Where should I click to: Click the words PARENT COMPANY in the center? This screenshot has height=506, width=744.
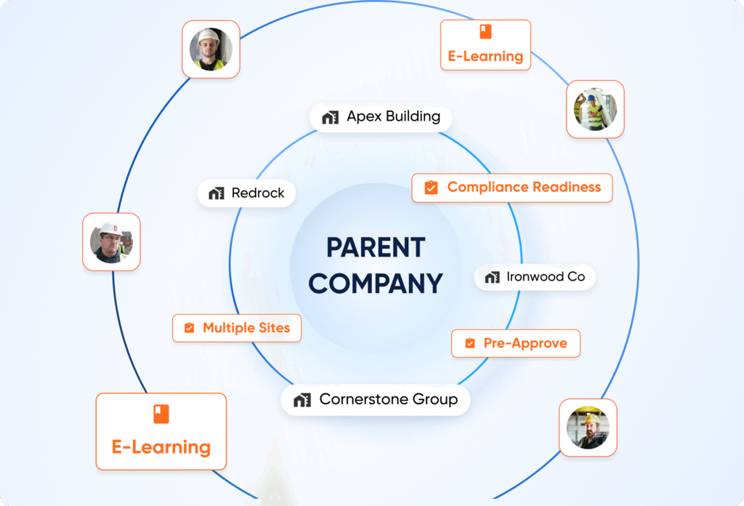(375, 265)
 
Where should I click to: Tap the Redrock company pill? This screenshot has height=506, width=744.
(246, 193)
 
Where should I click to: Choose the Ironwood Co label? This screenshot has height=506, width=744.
(535, 277)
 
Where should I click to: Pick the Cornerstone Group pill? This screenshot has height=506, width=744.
(376, 400)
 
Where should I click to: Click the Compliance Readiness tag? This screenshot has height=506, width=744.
(512, 188)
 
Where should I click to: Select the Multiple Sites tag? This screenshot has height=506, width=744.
(237, 328)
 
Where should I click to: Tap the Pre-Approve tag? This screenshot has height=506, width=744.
(516, 343)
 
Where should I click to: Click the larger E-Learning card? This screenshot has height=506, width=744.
(161, 432)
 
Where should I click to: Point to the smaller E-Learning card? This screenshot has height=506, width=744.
(485, 45)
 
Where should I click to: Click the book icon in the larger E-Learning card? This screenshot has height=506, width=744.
(161, 414)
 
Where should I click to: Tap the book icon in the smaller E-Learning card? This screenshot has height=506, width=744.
(485, 31)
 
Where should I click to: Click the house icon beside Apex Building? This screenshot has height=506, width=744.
(331, 117)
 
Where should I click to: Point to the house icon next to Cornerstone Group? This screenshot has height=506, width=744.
(302, 400)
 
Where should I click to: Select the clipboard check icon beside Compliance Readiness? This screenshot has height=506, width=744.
(431, 188)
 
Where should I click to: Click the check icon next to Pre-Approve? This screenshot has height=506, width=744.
(470, 343)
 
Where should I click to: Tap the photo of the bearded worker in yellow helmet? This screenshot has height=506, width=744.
(588, 427)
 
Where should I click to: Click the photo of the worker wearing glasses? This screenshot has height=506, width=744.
(111, 242)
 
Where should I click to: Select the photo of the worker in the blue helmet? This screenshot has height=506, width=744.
(595, 109)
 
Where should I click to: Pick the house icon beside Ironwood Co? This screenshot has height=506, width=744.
(493, 278)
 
